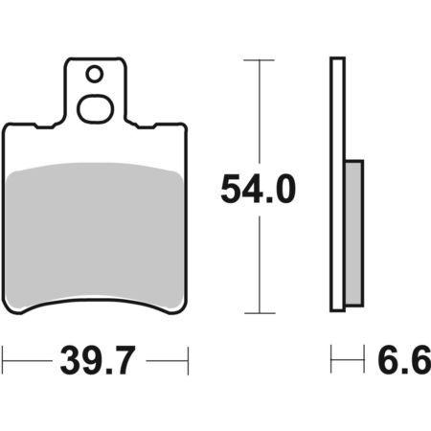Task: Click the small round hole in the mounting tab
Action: tap(95, 74)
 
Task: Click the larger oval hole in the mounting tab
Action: tap(96, 109)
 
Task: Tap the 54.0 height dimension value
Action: tap(258, 190)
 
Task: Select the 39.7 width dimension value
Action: tap(99, 360)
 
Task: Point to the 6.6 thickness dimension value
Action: tap(404, 359)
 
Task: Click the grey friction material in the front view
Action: tap(94, 237)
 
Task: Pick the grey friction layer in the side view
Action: tap(354, 233)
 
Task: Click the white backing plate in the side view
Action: tap(338, 184)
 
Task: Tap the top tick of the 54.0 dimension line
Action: tap(259, 60)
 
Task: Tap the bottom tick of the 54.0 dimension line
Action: tap(260, 313)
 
